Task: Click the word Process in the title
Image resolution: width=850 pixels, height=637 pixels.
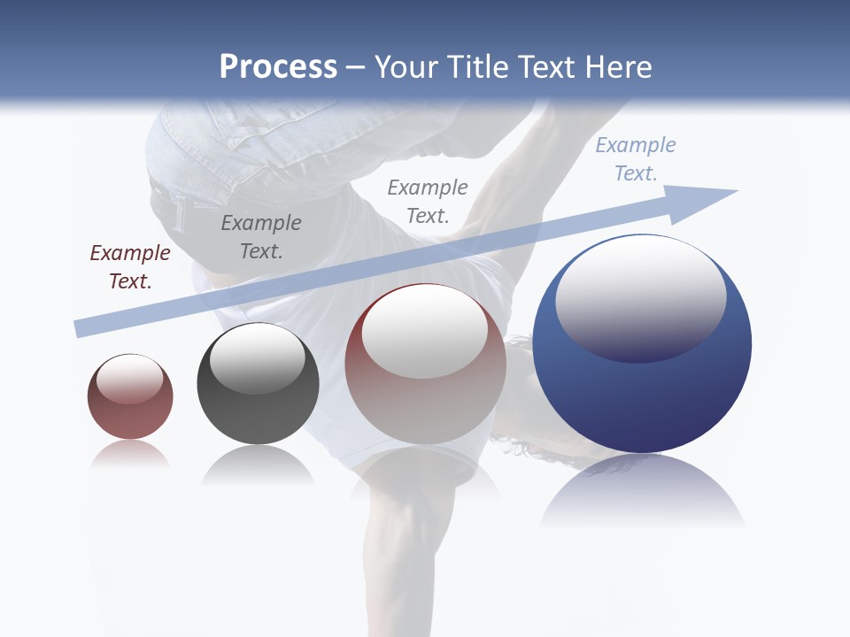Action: [278, 67]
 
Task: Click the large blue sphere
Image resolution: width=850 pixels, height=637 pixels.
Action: [642, 389]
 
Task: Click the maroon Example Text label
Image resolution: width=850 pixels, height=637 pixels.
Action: [130, 266]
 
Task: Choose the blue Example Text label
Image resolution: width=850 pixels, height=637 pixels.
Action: [636, 158]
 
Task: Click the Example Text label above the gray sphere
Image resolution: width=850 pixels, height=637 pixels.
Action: [261, 236]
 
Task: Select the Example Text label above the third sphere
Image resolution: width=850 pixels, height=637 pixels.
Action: [428, 201]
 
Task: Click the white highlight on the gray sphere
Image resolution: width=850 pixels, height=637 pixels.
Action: [258, 358]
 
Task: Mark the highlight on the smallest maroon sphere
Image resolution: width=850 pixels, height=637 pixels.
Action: [129, 379]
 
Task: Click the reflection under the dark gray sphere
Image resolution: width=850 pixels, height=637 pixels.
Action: [258, 464]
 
